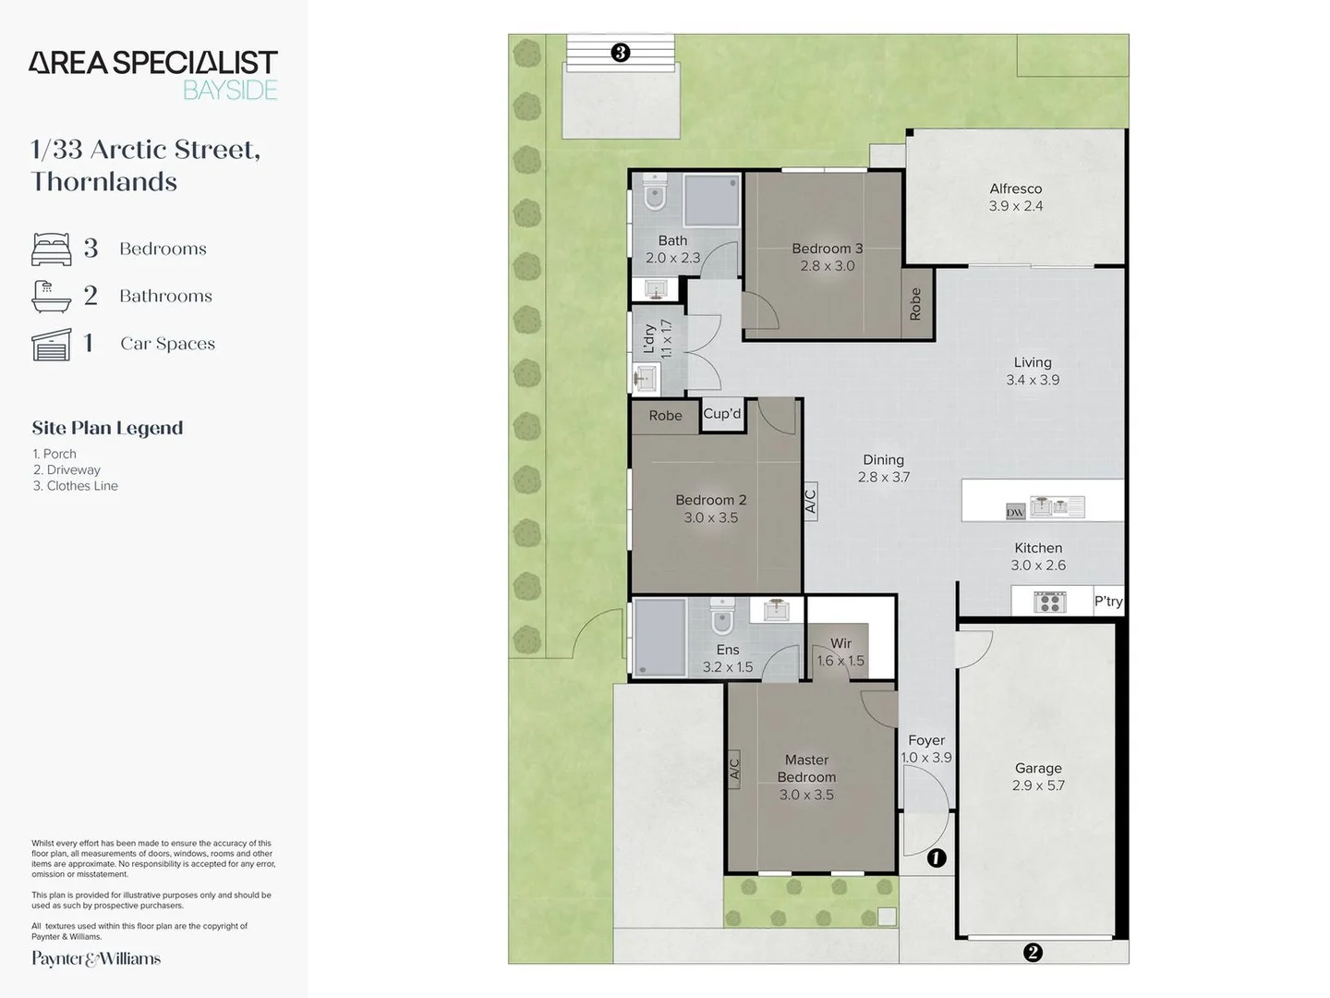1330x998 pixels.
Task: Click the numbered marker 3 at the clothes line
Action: coord(620,53)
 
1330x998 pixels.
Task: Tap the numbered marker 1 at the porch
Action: coord(937,858)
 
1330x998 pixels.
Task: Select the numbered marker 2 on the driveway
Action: coord(1033,953)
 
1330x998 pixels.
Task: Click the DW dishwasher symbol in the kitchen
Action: coord(1016,512)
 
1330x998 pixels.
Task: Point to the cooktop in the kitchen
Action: coord(1050,602)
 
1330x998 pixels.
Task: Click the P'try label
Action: coord(1108,601)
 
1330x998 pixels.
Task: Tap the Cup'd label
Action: coord(721,413)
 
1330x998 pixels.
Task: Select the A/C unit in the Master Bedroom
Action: coord(733,769)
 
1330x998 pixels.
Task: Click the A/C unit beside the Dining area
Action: coord(811,501)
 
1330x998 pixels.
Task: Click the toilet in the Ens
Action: coord(721,615)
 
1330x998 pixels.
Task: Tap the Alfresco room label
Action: coord(1016,189)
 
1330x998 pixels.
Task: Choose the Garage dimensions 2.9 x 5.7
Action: coord(1038,785)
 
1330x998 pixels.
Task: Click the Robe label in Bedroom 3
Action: coord(915,304)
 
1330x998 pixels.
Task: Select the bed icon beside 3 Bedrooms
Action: coord(52,249)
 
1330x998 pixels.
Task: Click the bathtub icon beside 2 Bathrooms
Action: coord(52,297)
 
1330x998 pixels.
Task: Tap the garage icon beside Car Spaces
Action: coord(52,344)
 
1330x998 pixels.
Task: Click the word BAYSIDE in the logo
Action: coord(230,91)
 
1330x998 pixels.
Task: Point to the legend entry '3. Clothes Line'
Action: coord(76,485)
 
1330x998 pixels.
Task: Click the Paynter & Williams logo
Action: coord(96,958)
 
